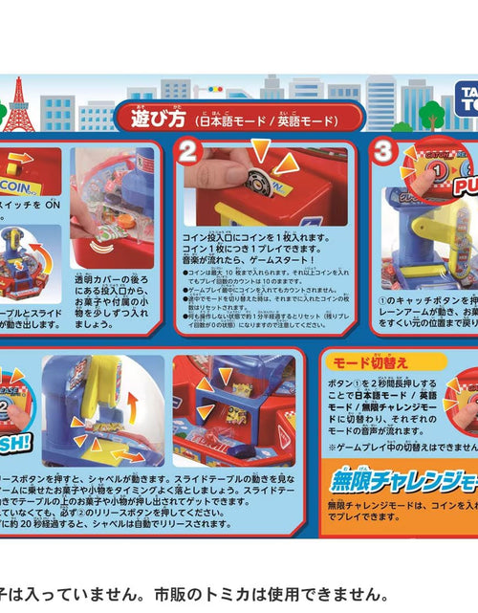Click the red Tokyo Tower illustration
tap(17, 106)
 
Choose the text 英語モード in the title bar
tap(311, 122)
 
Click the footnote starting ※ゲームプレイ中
tap(402, 446)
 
